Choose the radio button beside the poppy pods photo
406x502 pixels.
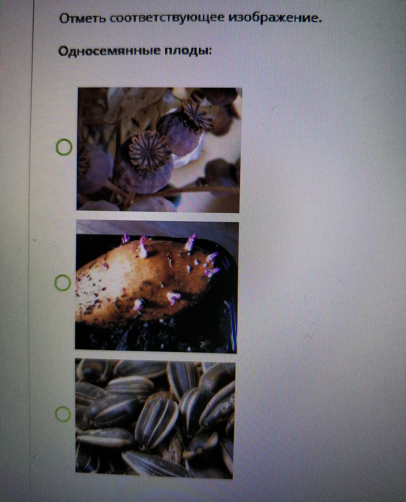[x=64, y=147]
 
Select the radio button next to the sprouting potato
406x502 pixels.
[x=63, y=283]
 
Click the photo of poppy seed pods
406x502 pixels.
[x=159, y=149]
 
